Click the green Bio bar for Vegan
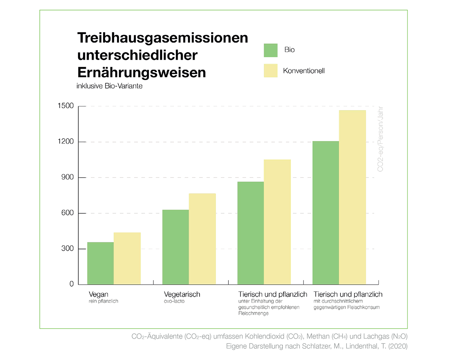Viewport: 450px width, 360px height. (x=100, y=263)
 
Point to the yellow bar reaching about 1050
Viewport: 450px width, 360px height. (x=277, y=222)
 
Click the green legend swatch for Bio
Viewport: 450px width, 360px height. (x=270, y=50)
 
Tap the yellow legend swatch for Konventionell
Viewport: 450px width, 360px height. (x=270, y=70)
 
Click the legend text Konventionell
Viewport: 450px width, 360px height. (x=304, y=71)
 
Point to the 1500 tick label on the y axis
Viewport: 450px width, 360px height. (x=65, y=106)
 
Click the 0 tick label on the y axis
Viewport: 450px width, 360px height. (x=71, y=284)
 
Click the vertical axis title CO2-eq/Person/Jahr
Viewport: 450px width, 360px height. (x=380, y=139)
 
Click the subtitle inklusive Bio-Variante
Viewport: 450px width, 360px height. (x=109, y=86)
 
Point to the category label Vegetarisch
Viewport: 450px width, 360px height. (x=182, y=294)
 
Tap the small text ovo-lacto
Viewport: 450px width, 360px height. (x=174, y=301)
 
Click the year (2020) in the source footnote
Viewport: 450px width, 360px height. (x=398, y=346)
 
